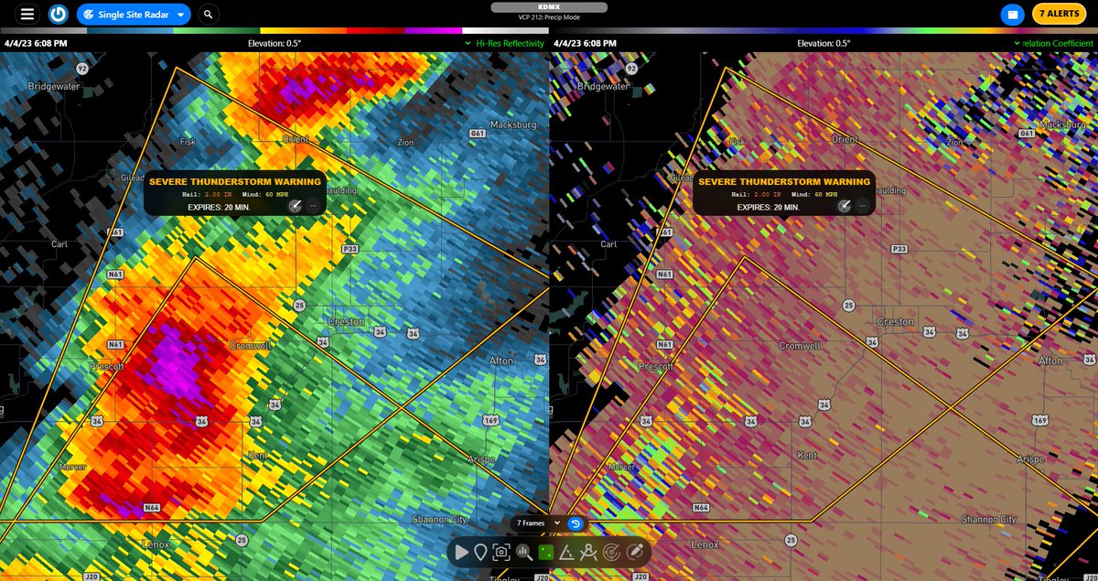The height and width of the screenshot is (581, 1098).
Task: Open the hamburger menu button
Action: click(28, 14)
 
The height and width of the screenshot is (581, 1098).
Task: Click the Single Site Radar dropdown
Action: click(134, 15)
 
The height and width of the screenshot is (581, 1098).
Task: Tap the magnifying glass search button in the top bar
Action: click(210, 15)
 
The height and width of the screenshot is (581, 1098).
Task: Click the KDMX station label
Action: click(549, 7)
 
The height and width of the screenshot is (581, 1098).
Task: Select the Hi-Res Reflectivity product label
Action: click(510, 43)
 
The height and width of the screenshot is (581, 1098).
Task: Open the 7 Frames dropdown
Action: click(538, 522)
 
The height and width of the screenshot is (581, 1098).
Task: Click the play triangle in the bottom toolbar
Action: click(461, 552)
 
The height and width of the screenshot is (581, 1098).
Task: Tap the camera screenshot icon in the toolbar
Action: click(501, 552)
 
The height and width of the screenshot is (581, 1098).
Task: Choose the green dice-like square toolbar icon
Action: click(545, 552)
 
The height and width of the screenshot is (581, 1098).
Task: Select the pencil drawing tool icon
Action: click(635, 552)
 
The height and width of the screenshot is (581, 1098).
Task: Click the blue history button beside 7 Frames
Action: click(576, 522)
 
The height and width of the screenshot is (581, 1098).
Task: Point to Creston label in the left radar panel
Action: click(346, 322)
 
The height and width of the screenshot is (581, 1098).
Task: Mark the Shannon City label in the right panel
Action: click(988, 520)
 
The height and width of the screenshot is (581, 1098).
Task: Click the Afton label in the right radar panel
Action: click(1050, 360)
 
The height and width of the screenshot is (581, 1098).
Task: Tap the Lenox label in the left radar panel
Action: click(156, 543)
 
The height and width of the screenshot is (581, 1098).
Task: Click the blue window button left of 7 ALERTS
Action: click(1012, 15)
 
